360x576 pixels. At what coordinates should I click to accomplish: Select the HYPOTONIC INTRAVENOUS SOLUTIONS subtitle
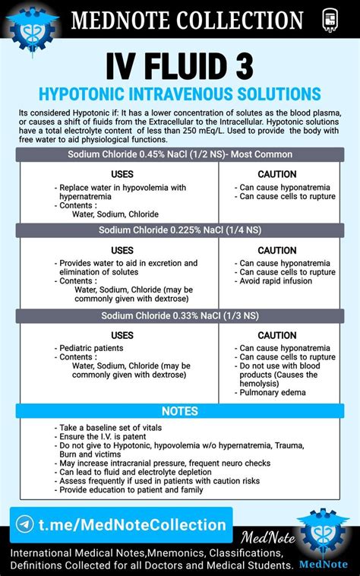(x=179, y=93)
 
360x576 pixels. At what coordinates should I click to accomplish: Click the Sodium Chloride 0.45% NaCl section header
(x=179, y=154)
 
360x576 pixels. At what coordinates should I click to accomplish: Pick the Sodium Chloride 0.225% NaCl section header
(x=179, y=229)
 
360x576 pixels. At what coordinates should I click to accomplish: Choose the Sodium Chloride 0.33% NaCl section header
(x=179, y=315)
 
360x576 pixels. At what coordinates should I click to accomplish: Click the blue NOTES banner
(x=179, y=411)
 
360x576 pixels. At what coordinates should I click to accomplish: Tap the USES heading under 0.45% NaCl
(x=122, y=174)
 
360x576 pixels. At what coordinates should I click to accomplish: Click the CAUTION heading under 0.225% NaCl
(x=277, y=250)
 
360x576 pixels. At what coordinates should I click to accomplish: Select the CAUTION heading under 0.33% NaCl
(x=277, y=335)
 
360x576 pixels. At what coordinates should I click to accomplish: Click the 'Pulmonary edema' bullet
(x=273, y=393)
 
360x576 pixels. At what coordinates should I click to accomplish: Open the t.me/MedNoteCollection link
(x=131, y=525)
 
